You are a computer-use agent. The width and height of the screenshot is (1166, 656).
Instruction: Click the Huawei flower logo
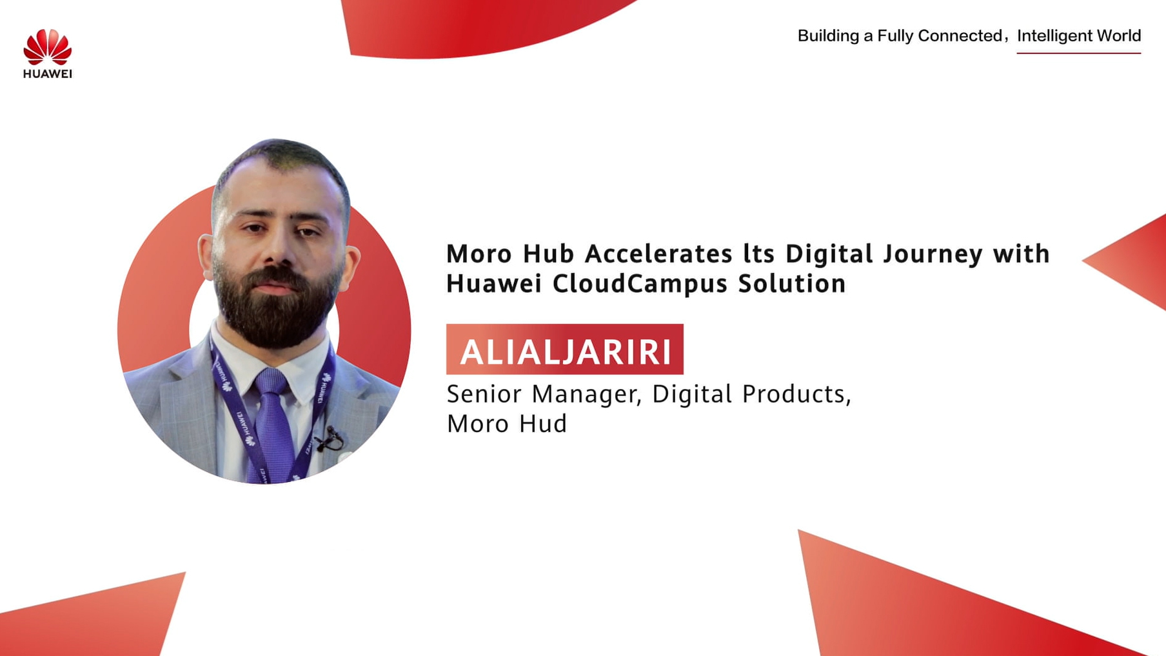click(x=47, y=46)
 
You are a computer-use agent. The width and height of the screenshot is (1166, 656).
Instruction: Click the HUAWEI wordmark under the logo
click(x=48, y=74)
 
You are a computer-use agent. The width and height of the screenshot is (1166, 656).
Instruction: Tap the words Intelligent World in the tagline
click(x=1079, y=35)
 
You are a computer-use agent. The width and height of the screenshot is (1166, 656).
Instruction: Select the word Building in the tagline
click(x=829, y=36)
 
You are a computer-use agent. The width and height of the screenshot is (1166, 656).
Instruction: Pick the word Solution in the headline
click(x=792, y=283)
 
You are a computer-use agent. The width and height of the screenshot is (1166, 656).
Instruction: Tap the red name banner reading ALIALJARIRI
click(x=565, y=349)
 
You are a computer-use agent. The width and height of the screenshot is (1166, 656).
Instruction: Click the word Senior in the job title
click(x=484, y=393)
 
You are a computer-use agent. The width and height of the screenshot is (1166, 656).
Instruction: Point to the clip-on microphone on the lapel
click(x=330, y=439)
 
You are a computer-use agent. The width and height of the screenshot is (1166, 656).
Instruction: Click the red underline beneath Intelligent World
click(x=1079, y=52)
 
